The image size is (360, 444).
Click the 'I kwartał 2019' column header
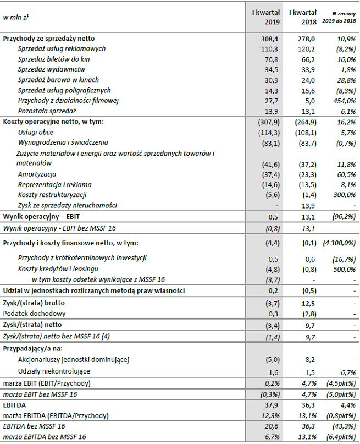[x=266, y=17]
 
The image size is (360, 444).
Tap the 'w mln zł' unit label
[x=16, y=17]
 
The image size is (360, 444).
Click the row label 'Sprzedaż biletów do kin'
[x=53, y=59]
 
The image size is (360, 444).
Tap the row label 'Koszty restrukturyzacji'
[x=52, y=195]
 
